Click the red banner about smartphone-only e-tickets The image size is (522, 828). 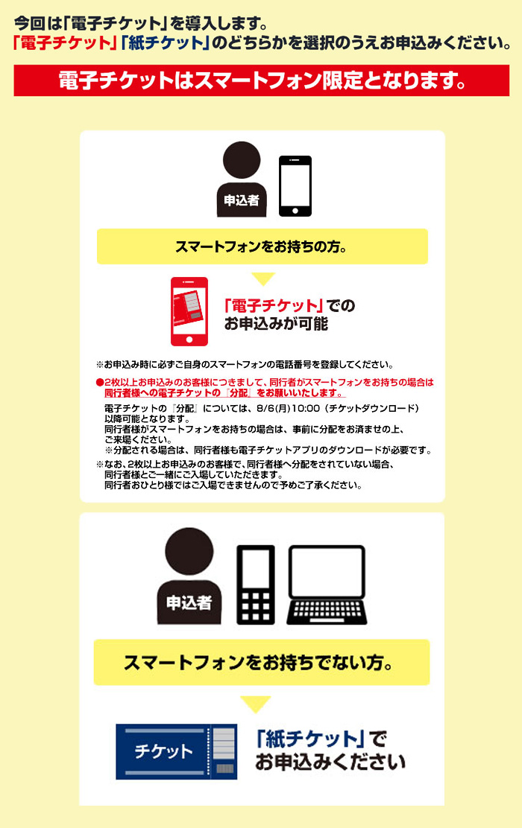point(261,80)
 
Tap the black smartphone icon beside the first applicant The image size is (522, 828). point(295,186)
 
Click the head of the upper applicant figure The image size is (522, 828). point(242,160)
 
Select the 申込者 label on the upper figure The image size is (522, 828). point(242,200)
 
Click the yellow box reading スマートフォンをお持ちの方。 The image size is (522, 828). point(262,246)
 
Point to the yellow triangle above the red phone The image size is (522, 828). point(262,278)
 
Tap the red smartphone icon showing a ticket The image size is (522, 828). point(189,311)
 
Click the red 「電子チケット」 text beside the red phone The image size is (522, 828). point(274,305)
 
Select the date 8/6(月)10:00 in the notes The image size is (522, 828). point(289,408)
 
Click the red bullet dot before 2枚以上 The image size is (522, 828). point(99,383)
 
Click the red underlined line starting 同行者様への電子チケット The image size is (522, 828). point(224,393)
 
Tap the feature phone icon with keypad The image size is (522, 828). point(256,585)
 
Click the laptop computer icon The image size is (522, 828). point(327,585)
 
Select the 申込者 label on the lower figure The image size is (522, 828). point(189,602)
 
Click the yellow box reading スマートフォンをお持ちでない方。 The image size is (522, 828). point(262,662)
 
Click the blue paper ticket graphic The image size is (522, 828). point(176,751)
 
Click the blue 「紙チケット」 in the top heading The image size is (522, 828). point(166,42)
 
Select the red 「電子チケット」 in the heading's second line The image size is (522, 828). point(65,42)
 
